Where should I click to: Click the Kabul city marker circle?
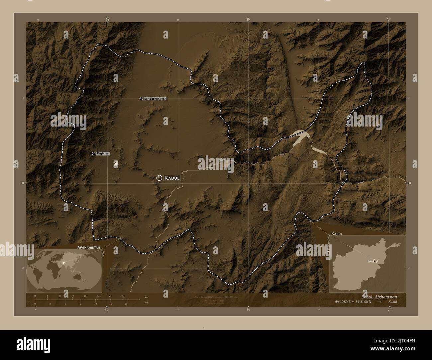160,178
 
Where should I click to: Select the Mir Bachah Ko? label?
155,99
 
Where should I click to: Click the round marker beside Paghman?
94,153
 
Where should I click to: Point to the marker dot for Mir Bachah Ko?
141,99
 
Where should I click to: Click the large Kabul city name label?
172,178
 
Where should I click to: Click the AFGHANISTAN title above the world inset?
89,248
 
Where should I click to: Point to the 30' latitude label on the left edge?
22,183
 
